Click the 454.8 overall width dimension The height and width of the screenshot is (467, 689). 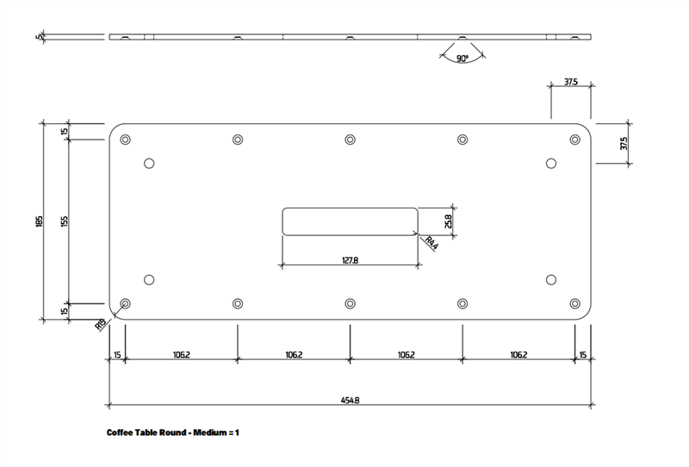350,400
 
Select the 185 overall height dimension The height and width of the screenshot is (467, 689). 39,221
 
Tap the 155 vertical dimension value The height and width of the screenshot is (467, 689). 65,221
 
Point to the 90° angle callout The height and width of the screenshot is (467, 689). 462,59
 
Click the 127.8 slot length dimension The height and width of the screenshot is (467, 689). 350,259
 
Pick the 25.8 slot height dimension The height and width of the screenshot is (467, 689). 449,221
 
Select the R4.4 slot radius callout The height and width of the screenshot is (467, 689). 431,245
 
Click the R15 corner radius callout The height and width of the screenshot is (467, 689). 101,324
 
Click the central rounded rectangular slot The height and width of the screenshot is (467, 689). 350,221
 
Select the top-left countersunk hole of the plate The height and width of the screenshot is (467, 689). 126,140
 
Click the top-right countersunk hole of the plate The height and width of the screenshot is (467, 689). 574,140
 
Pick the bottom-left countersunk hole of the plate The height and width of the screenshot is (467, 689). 126,303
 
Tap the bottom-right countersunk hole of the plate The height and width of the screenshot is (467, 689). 574,303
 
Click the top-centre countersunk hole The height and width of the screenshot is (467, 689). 350,140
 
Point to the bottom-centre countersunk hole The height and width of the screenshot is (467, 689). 350,303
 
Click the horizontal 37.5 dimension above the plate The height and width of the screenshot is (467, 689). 570,83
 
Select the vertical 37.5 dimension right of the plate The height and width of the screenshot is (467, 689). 624,144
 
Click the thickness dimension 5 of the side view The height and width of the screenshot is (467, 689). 40,36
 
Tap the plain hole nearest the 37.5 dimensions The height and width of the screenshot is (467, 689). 551,163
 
